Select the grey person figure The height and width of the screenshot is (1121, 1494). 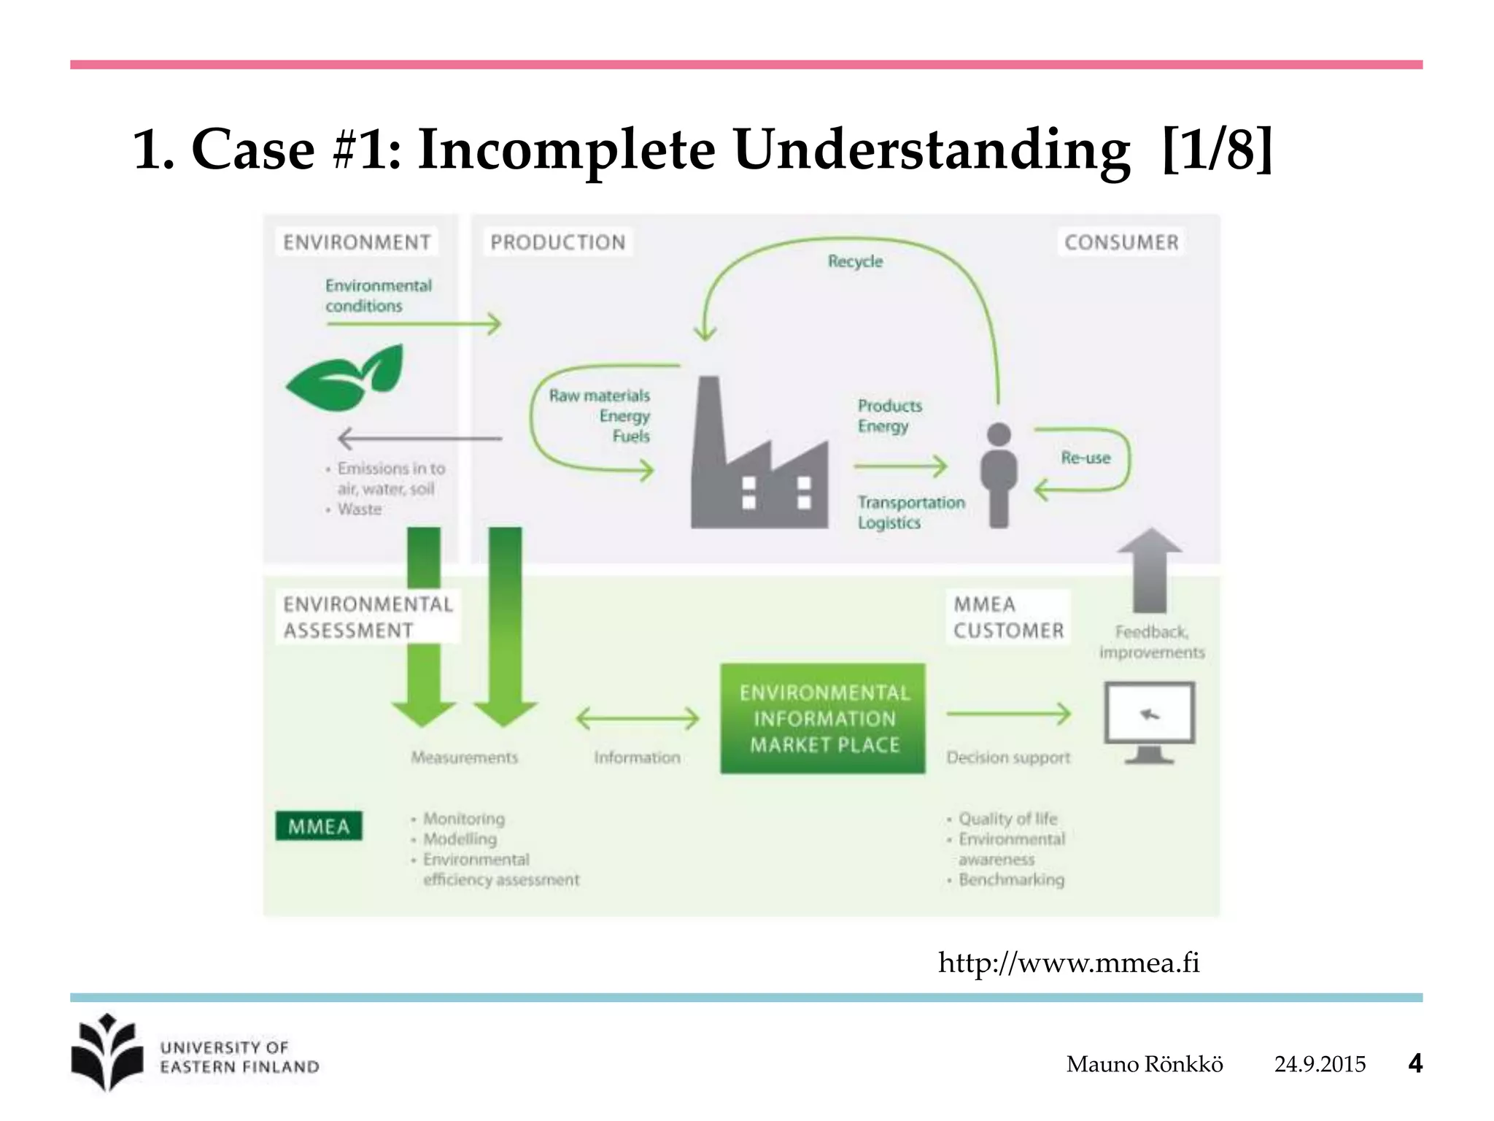pyautogui.click(x=999, y=474)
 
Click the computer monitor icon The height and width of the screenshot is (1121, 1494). pyautogui.click(x=1150, y=719)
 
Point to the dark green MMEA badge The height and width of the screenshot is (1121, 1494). pyautogui.click(x=319, y=826)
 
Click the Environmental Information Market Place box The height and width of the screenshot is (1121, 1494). pyautogui.click(x=823, y=719)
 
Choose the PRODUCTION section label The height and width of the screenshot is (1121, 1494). pyautogui.click(x=558, y=242)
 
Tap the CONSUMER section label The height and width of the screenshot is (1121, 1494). pyautogui.click(x=1121, y=242)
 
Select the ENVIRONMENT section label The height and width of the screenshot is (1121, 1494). pyautogui.click(x=357, y=242)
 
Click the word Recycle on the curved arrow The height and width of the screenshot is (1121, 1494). pyautogui.click(x=855, y=261)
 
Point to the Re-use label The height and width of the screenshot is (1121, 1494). pyautogui.click(x=1085, y=458)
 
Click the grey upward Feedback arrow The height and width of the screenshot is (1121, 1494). pyautogui.click(x=1150, y=569)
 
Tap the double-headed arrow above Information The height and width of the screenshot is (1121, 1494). pyautogui.click(x=638, y=719)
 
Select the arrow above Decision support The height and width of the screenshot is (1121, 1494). pyautogui.click(x=1009, y=714)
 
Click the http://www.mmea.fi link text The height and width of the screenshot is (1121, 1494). pyautogui.click(x=1069, y=963)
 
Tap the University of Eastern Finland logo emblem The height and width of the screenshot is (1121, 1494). pyautogui.click(x=107, y=1052)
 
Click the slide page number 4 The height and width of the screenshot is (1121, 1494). pyautogui.click(x=1415, y=1063)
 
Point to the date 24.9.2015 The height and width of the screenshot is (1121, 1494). pyautogui.click(x=1320, y=1064)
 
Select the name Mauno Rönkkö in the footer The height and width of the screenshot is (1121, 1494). pyautogui.click(x=1145, y=1064)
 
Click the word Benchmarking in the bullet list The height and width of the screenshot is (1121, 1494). pyautogui.click(x=1011, y=879)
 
